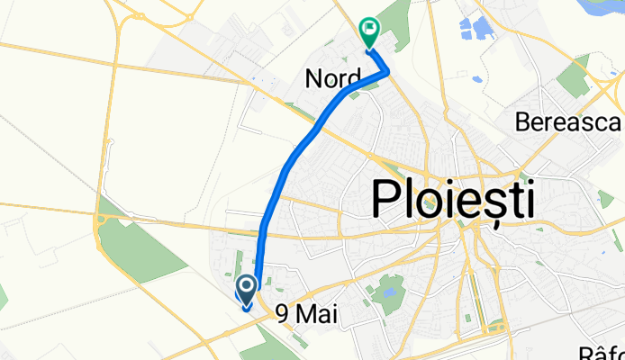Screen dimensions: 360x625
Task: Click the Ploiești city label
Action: pyautogui.click(x=452, y=199)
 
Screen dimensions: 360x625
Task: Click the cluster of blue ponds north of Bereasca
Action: pyautogui.click(x=476, y=29)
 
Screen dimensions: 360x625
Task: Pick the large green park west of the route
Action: pyautogui.click(x=140, y=243)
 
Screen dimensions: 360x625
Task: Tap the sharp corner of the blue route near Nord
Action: pyautogui.click(x=388, y=73)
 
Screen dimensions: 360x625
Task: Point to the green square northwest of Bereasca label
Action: pyautogui.click(x=574, y=79)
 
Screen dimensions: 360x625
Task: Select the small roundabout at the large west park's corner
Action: pyautogui.click(x=102, y=218)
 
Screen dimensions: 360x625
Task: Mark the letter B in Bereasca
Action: pyautogui.click(x=524, y=122)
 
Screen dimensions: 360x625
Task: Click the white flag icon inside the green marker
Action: pyautogui.click(x=369, y=29)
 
